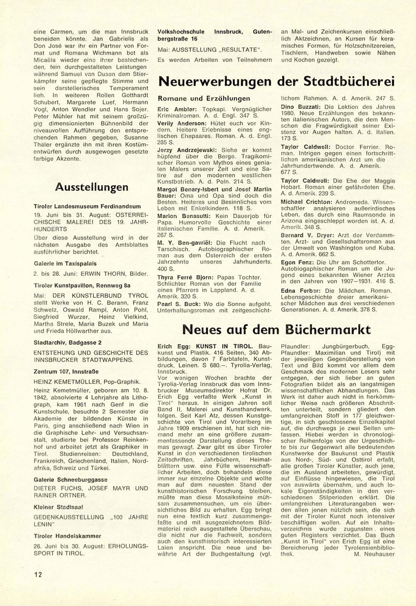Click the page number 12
click(38, 574)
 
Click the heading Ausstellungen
click(91, 187)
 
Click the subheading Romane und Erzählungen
click(204, 98)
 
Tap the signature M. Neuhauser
click(374, 554)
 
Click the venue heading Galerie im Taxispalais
click(65, 263)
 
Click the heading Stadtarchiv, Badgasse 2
click(67, 342)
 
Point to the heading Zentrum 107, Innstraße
click(66, 371)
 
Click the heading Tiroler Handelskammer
click(67, 536)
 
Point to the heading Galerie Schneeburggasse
click(70, 480)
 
